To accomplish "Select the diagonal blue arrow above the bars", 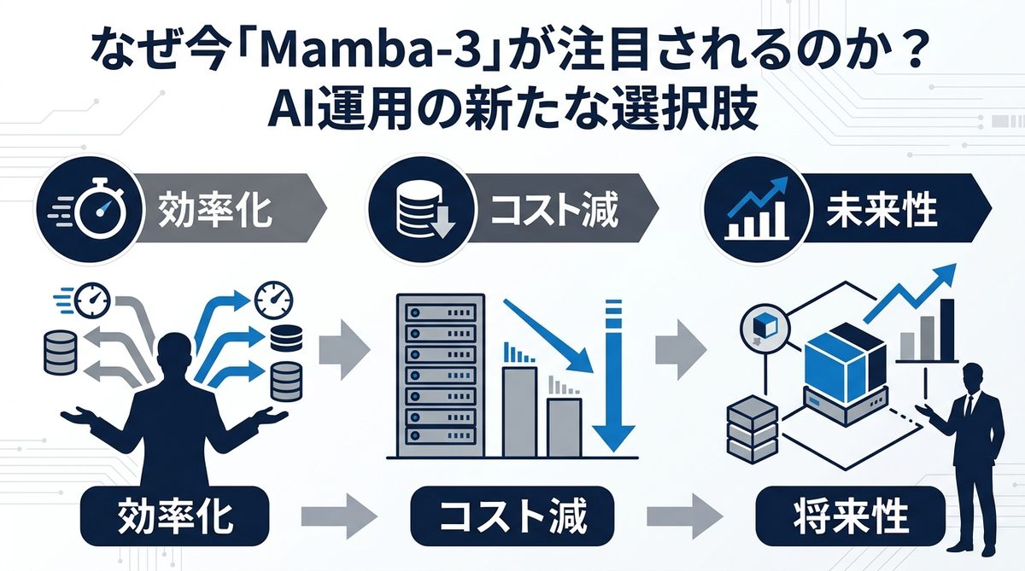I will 547,333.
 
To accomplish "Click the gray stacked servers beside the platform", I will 752,427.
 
